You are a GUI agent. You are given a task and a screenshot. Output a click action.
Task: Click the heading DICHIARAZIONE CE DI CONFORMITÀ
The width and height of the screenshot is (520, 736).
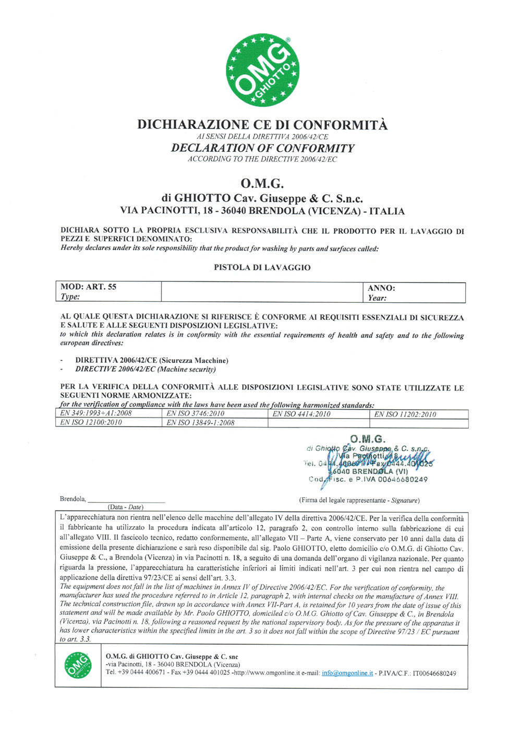pos(262,125)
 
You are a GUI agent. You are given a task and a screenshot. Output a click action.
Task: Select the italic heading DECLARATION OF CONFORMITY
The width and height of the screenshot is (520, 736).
pos(262,148)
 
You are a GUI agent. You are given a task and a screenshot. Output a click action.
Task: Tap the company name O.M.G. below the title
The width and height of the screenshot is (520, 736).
pos(262,184)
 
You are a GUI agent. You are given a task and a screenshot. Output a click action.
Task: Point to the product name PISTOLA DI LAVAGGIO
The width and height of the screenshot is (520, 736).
pos(262,267)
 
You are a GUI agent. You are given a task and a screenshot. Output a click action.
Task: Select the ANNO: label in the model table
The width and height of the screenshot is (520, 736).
pos(382,288)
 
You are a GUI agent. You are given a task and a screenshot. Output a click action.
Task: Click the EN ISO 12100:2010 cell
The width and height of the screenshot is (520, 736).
pos(92,422)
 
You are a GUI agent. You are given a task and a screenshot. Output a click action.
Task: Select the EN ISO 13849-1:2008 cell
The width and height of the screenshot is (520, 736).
pos(200,423)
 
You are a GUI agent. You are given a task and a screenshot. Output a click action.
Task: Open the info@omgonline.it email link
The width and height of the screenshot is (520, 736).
pos(347,673)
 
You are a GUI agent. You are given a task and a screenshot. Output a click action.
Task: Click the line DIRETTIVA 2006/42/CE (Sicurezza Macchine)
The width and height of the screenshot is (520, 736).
pos(152,361)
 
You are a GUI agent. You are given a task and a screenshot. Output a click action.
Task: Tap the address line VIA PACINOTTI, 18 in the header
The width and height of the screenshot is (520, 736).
pos(262,211)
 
